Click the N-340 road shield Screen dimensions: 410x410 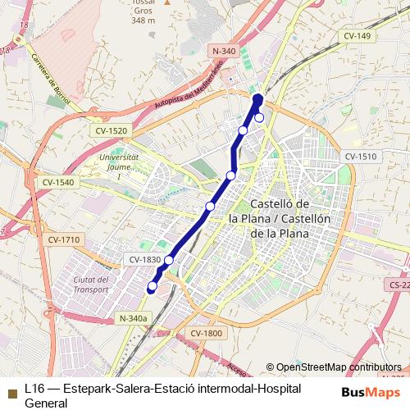pyautogui.click(x=224, y=51)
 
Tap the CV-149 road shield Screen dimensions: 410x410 pyautogui.click(x=358, y=36)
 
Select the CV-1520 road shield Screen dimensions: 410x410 pyautogui.click(x=112, y=131)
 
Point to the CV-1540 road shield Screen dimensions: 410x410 pyautogui.click(x=58, y=182)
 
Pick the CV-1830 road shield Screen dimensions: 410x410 pyautogui.click(x=145, y=260)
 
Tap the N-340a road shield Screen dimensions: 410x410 pyautogui.click(x=133, y=318)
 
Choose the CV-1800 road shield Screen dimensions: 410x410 pyautogui.click(x=207, y=333)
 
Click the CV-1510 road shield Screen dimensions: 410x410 pyautogui.click(x=360, y=157)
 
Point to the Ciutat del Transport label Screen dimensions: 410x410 pyautogui.click(x=91, y=284)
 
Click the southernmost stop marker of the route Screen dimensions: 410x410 pyautogui.click(x=152, y=286)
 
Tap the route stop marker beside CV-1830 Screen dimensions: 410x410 pyautogui.click(x=169, y=261)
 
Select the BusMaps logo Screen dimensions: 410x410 pyautogui.click(x=371, y=391)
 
